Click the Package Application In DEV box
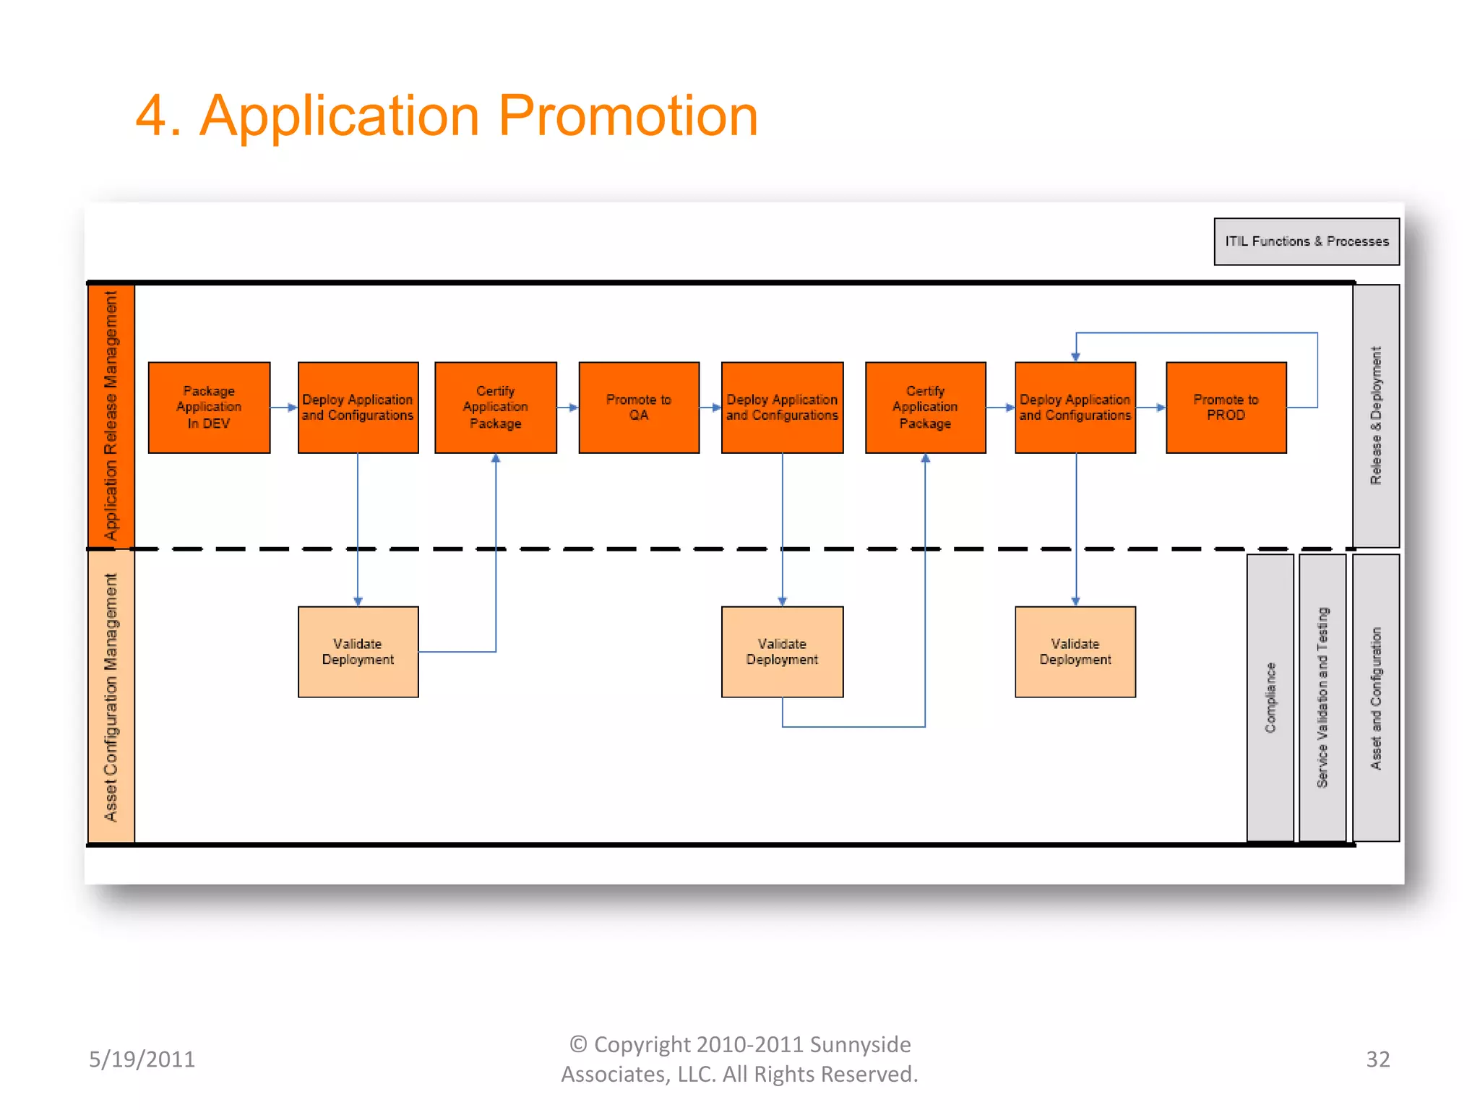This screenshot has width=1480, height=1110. click(x=209, y=408)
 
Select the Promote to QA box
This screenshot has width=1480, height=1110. click(x=639, y=408)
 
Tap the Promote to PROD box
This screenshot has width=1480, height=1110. click(x=1226, y=408)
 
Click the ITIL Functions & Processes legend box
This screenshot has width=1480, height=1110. click(x=1306, y=241)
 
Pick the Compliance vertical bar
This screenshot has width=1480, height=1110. click(x=1270, y=697)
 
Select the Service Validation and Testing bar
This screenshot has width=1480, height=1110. click(x=1322, y=697)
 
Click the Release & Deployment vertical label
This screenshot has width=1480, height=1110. click(x=1375, y=416)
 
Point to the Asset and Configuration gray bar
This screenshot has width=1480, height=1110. click(x=1375, y=697)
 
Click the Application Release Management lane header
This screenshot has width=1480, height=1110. click(x=111, y=416)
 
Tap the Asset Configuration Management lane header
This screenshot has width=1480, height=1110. click(x=111, y=697)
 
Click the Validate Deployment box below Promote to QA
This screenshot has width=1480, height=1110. click(x=782, y=652)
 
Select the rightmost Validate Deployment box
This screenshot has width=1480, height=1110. click(x=1075, y=652)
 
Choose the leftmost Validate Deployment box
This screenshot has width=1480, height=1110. click(x=358, y=652)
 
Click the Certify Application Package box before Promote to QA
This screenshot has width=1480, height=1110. click(x=495, y=408)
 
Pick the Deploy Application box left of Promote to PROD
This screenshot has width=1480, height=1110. click(x=1075, y=408)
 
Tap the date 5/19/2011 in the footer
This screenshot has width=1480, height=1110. click(x=142, y=1059)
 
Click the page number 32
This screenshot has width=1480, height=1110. click(x=1377, y=1059)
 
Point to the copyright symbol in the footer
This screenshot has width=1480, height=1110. click(x=577, y=1044)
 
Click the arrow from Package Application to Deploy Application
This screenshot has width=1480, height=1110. click(x=284, y=408)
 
